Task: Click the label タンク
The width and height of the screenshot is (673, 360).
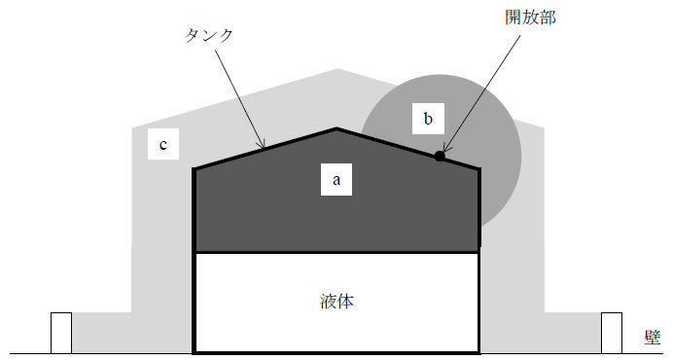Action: coord(209,34)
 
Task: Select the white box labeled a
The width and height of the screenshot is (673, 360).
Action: coord(336,179)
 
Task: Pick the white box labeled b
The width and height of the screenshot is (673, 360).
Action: coord(427,120)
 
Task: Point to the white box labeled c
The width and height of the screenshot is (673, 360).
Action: coord(163,146)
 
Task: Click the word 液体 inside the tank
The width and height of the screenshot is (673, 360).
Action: coord(336,302)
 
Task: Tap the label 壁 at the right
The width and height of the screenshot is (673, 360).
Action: coord(653,337)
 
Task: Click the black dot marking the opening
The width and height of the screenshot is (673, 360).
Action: coord(440,156)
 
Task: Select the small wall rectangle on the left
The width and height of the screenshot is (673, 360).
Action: coord(61,332)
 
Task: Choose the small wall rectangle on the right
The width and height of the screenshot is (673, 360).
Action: coord(611,332)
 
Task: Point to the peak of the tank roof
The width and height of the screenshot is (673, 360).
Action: coord(336,128)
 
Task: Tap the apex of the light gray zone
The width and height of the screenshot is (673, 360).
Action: coord(337,70)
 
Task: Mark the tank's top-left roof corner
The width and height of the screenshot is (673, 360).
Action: coord(195,169)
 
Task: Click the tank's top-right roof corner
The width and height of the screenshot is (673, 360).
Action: coord(479,169)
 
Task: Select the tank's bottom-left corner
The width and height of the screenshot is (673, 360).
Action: coord(195,350)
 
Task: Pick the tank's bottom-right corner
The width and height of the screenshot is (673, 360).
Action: coord(479,350)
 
